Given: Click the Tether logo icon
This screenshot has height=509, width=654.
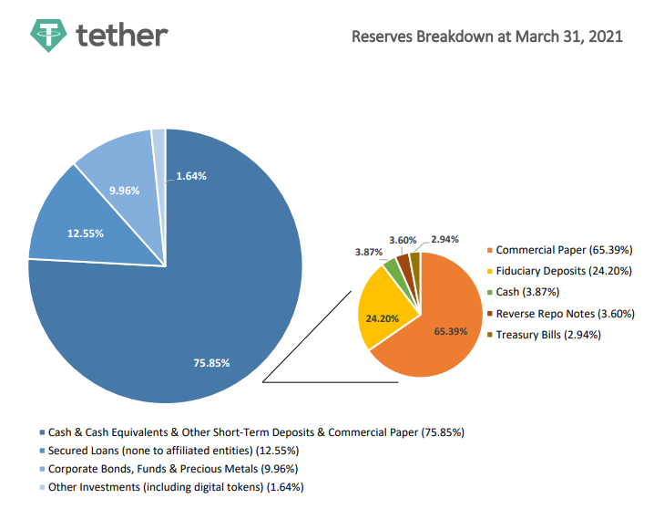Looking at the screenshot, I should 47,34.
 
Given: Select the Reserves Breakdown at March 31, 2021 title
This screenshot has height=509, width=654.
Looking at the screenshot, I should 487,36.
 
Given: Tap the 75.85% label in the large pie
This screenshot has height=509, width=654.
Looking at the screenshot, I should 211,363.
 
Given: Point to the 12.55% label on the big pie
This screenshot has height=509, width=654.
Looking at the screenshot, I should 85,233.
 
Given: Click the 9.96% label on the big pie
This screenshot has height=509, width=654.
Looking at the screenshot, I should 124,191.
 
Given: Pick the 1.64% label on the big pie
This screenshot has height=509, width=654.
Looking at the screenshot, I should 190,175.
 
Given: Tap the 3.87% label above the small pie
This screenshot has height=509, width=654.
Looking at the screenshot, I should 369,250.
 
